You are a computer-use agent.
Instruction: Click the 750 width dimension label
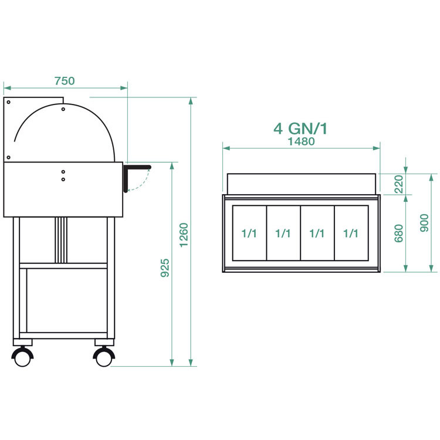[65, 81]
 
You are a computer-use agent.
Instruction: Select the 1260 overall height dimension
[184, 235]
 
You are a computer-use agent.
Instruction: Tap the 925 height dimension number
[165, 268]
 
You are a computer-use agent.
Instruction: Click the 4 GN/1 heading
[300, 129]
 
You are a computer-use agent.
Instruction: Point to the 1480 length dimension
[302, 141]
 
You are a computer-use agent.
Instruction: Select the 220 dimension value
[398, 184]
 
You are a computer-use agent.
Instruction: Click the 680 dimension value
[398, 233]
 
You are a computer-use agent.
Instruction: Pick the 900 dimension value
[424, 223]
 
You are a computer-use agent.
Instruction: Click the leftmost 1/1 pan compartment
[249, 233]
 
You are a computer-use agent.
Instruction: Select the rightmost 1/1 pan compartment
[351, 233]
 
